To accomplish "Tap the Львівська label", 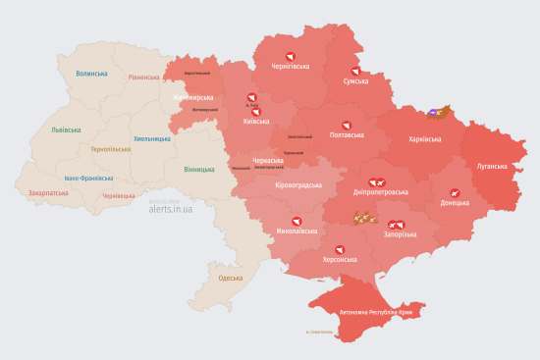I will [68, 129].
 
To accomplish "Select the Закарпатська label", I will [48, 193].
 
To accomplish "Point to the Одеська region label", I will [231, 279].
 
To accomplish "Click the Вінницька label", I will [199, 169].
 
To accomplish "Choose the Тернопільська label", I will [109, 149].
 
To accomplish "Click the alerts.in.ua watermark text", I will [171, 209].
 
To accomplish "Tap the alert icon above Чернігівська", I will [290, 56].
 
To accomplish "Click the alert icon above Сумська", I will [355, 71].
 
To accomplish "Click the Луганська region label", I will [492, 166].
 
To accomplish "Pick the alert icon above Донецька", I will [454, 192].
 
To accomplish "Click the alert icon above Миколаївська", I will [296, 221].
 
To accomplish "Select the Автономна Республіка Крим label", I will [382, 312].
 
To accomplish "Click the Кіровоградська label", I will [298, 184].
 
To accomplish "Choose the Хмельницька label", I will [152, 138].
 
